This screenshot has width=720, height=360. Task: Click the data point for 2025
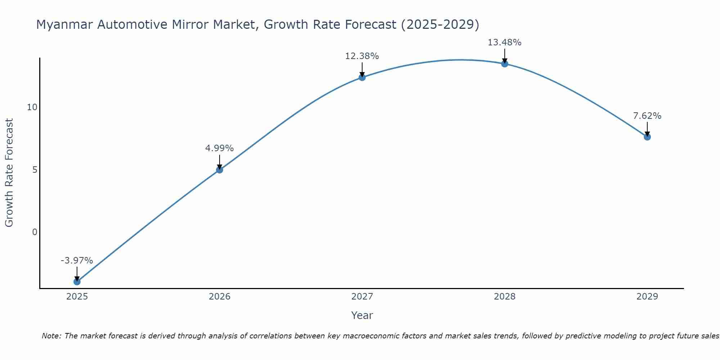coord(77,282)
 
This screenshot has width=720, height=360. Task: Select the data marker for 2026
coord(220,170)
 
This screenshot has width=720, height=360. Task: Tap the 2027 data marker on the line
coord(362,77)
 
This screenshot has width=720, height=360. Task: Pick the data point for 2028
coord(505,64)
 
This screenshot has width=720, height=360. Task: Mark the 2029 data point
coord(647,137)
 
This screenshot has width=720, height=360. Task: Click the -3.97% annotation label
coord(77,260)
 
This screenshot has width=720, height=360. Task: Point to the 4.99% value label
coord(219,148)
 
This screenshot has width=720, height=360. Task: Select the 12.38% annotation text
coord(362,56)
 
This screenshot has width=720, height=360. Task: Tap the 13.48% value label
coord(504,42)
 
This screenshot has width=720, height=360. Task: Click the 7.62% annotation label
coord(647,116)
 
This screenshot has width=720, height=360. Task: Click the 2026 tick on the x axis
coord(220,297)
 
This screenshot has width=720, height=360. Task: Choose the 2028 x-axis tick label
coord(505,297)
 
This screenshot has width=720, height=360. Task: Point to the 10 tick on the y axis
coord(32,107)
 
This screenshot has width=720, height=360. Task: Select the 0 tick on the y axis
coord(35,232)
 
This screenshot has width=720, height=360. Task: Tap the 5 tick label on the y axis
coord(35,170)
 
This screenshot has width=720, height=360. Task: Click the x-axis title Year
coord(362,315)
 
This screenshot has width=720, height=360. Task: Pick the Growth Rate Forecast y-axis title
coord(9,173)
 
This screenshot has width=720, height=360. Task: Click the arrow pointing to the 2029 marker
coord(647,129)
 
